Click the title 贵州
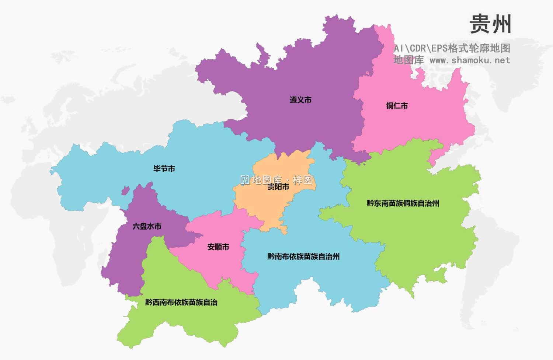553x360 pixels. tap(490, 24)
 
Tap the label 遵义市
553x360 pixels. tap(300, 100)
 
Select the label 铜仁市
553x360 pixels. tap(397, 106)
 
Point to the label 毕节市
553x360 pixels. tap(164, 169)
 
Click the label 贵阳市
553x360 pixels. tap(278, 187)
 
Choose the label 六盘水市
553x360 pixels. tap(147, 226)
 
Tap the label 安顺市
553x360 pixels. tap(218, 247)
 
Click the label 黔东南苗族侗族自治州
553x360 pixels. tap(403, 203)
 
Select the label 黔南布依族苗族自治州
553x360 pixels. tap(303, 256)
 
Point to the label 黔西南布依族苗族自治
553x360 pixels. tap(181, 303)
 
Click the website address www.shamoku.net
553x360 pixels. tap(470, 60)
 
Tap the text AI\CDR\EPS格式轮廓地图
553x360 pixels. tap(452, 48)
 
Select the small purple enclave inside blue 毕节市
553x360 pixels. tap(125, 191)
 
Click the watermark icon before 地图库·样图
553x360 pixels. tap(245, 180)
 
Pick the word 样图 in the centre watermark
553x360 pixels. tap(302, 180)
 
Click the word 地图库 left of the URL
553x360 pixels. tap(408, 60)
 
